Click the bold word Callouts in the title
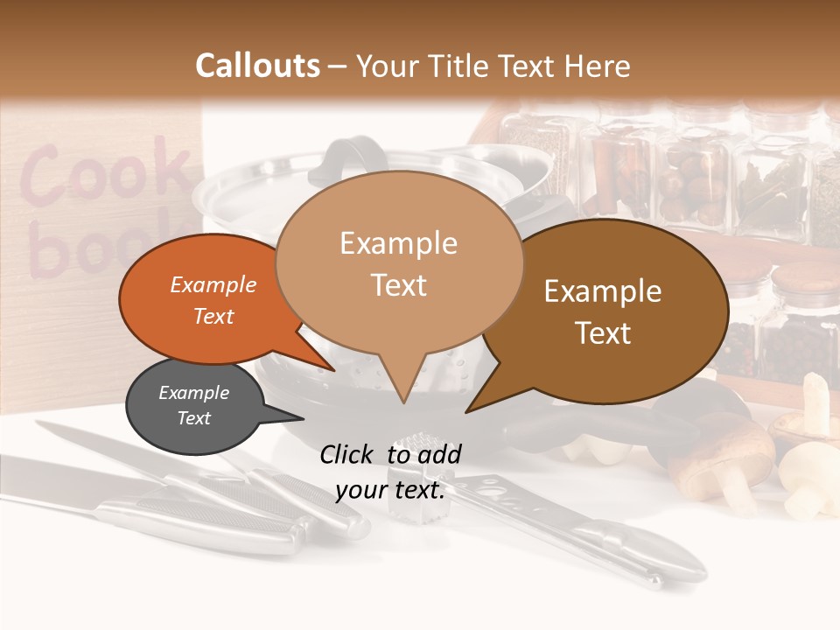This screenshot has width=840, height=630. tap(257, 66)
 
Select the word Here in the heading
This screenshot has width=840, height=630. tap(596, 66)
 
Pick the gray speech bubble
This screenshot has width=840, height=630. tap(194, 406)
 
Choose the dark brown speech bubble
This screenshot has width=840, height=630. tap(612, 311)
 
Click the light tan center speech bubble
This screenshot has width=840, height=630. tap(399, 262)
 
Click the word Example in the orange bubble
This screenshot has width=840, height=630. tap(213, 284)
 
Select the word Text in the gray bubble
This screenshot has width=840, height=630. tap(194, 418)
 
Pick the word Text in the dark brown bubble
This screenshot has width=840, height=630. tap(604, 333)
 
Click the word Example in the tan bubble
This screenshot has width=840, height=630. tap(399, 243)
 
